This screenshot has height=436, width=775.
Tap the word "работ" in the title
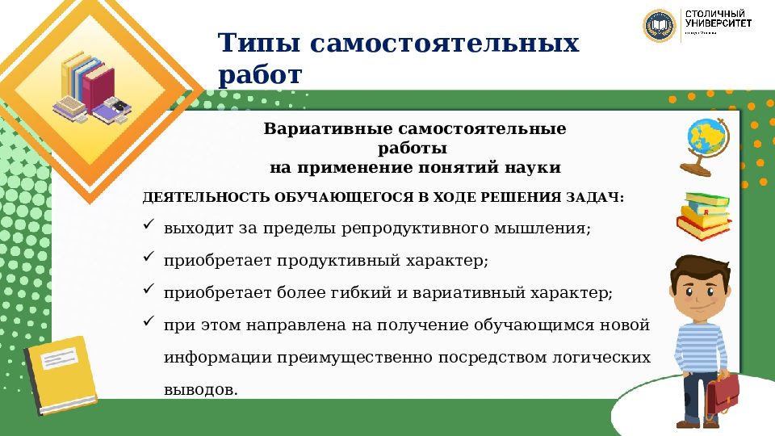pos(259,75)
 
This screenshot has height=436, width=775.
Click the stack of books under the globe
pos(705,215)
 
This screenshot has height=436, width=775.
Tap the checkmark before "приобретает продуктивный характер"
pos(149,258)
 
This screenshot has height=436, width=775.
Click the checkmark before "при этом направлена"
pos(149,323)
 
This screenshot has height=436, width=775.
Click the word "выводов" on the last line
pos(199,389)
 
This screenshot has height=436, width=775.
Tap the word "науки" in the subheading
pos(533,168)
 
